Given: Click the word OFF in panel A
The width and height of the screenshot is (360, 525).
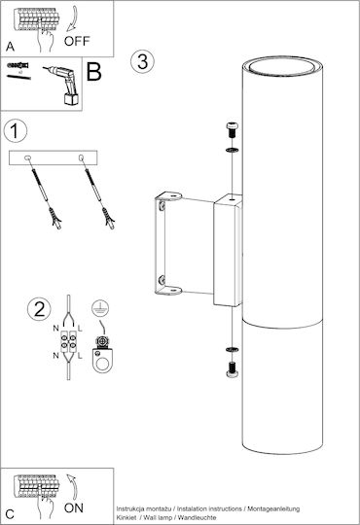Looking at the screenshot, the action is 77,41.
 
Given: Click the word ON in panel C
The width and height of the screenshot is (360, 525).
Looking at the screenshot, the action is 74,507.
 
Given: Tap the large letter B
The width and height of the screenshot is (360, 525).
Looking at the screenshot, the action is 93,71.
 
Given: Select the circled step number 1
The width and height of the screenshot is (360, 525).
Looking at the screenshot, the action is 16,131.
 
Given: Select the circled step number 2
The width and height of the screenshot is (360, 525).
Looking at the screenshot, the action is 39,309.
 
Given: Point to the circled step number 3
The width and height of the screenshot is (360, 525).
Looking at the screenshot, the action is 142,62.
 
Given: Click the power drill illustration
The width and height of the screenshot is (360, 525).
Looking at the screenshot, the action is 62,86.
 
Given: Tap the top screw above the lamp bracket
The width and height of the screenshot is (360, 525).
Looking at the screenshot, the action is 233,130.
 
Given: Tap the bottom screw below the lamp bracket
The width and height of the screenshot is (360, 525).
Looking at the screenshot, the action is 233,370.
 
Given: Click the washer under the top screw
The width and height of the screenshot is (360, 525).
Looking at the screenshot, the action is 233,150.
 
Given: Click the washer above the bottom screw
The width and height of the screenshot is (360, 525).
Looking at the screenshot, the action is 233,350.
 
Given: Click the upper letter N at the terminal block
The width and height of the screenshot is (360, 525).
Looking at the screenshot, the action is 56,329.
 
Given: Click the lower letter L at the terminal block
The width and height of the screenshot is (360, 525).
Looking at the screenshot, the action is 80,356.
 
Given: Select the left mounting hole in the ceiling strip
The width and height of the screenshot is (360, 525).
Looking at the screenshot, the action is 27,157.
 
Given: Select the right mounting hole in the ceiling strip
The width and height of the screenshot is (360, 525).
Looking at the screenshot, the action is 81,157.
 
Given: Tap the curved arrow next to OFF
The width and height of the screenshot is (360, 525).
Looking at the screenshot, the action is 72,19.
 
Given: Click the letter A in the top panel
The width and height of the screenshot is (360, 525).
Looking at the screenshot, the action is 10,47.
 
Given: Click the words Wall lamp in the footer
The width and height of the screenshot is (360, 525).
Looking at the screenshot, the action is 158,517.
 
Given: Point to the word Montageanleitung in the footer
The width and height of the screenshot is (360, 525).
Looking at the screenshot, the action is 273,508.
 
